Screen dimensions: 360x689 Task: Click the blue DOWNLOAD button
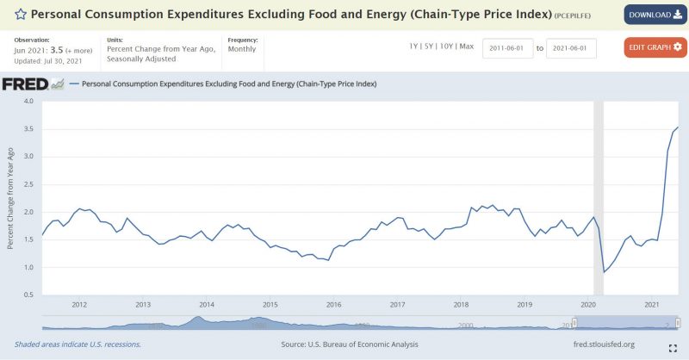pos(652,15)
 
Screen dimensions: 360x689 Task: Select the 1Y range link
pos(413,46)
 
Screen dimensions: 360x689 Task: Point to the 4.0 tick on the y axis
pos(28,102)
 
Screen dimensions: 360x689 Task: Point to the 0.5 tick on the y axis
pos(28,295)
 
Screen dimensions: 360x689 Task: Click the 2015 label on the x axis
pos(270,304)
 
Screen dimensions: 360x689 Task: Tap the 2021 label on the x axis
pos(652,304)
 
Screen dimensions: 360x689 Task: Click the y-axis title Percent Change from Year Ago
pos(10,198)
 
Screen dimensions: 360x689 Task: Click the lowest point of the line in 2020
pos(604,272)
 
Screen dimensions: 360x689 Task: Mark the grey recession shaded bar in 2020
pos(599,198)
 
